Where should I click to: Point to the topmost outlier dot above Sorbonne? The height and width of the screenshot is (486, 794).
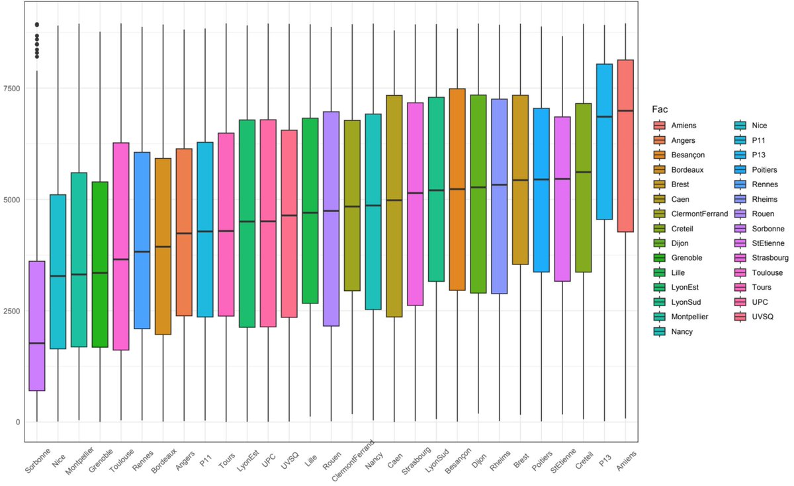pyautogui.click(x=37, y=24)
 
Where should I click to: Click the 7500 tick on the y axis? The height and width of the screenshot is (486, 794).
pyautogui.click(x=13, y=88)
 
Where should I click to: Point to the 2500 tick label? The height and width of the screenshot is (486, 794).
pyautogui.click(x=13, y=311)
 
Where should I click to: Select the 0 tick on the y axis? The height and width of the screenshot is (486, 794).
pyautogui.click(x=18, y=422)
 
